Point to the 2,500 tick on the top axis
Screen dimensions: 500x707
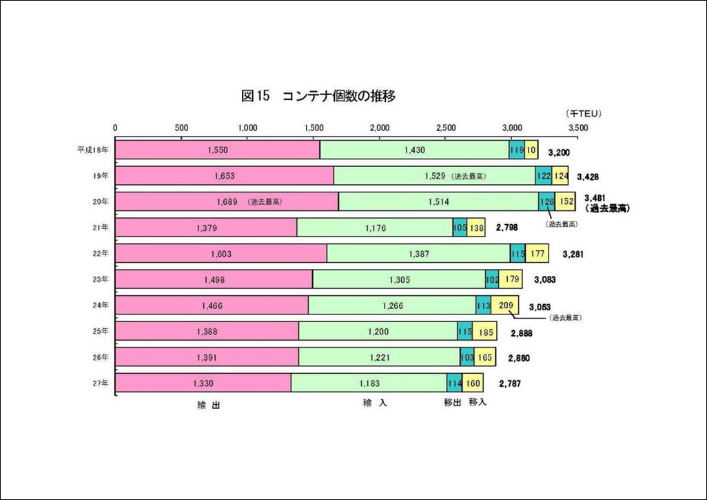(x=446, y=128)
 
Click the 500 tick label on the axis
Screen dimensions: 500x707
(x=181, y=128)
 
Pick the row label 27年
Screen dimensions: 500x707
(x=101, y=383)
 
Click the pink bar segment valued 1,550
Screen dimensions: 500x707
(x=217, y=150)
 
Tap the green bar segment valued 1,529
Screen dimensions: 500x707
(x=436, y=176)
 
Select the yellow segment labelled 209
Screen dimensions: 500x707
(x=504, y=306)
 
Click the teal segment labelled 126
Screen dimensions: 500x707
(x=546, y=202)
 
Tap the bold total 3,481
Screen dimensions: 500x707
(x=597, y=197)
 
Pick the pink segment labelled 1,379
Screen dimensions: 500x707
(x=205, y=228)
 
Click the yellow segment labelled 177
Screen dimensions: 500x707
(x=538, y=254)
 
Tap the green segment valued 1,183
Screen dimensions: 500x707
(x=369, y=383)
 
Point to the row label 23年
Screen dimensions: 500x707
(x=101, y=279)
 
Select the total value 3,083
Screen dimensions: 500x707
(x=542, y=280)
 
